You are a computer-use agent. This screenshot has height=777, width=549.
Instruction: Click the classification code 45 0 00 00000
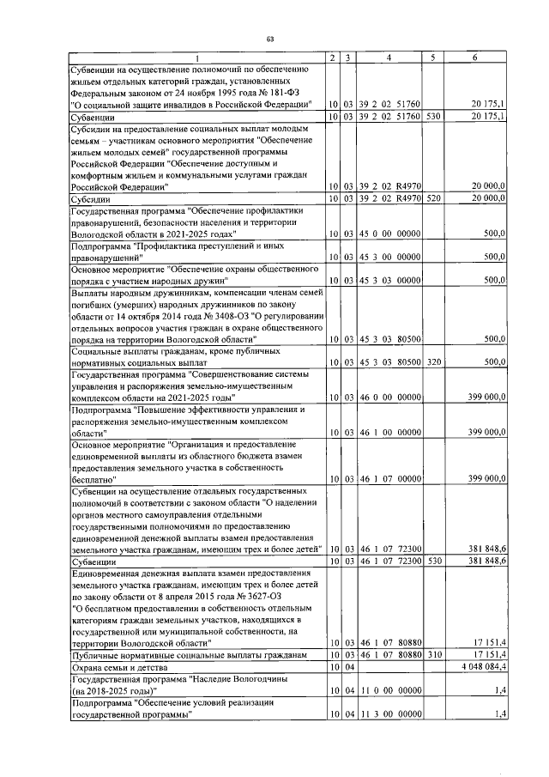pyautogui.click(x=389, y=234)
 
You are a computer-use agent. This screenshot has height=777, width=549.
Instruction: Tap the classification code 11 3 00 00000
pyautogui.click(x=389, y=713)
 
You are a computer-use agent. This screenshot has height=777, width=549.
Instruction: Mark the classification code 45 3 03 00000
pyautogui.click(x=389, y=280)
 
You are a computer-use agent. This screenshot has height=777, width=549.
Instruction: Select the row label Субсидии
pyautogui.click(x=92, y=198)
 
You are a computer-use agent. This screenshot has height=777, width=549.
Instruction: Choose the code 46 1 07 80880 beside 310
pyautogui.click(x=389, y=655)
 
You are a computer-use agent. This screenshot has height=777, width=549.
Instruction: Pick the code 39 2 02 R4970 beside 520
pyautogui.click(x=389, y=198)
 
